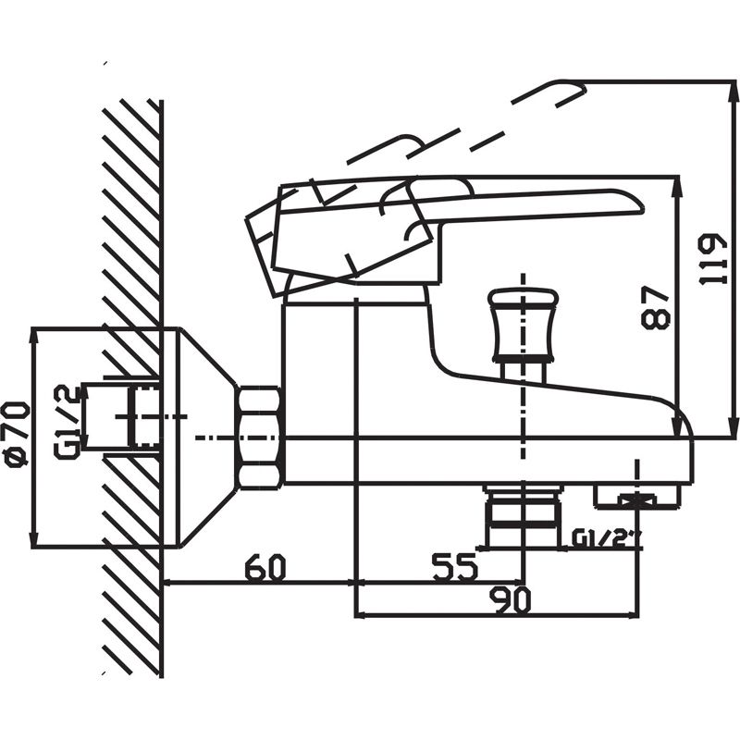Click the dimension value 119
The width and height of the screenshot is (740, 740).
point(713,259)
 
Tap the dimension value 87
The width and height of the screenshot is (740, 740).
point(656,307)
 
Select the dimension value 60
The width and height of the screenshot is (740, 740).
point(265,568)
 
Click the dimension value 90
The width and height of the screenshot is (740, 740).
point(511,600)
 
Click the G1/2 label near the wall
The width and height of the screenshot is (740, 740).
point(65,421)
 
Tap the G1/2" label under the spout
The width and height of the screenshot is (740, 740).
point(606,538)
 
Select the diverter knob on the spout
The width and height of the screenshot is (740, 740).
point(523,325)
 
